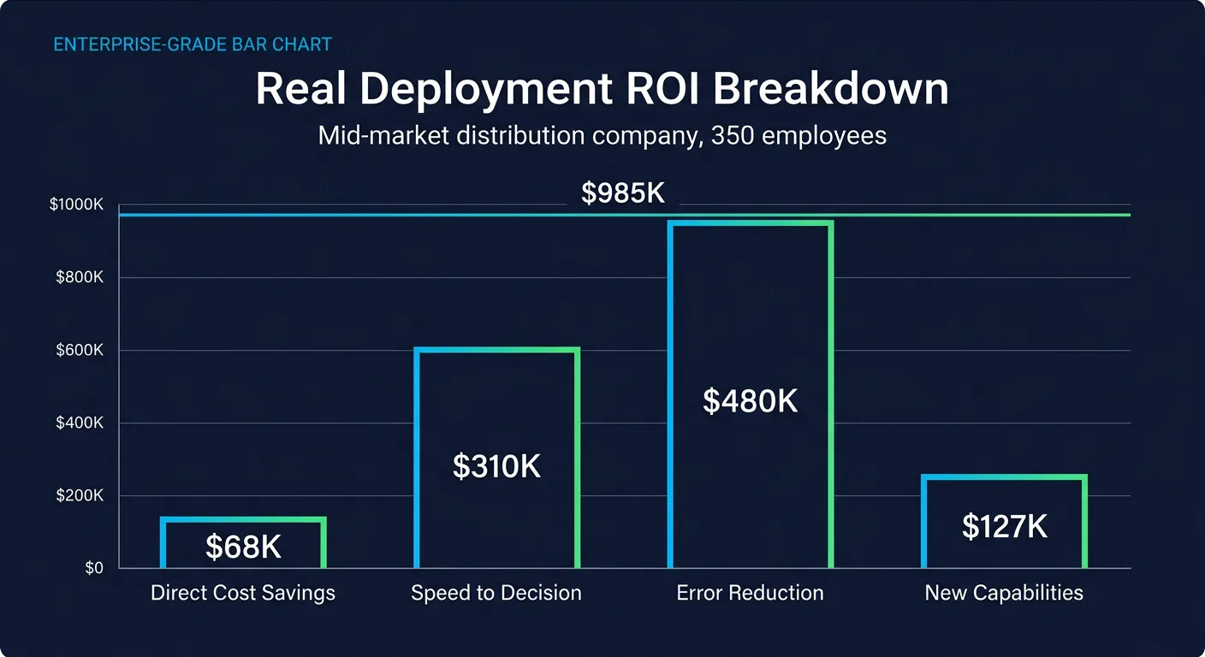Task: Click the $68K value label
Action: (243, 547)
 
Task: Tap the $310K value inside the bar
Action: (496, 466)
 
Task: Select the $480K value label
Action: (750, 400)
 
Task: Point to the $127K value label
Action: (1004, 527)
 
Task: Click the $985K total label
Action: (623, 193)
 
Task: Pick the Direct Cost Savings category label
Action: (243, 593)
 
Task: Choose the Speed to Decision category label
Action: (496, 593)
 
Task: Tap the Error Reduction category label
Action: (750, 593)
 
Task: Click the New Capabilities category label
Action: (1004, 593)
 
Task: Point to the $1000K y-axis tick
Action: (76, 204)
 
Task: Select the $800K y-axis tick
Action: (80, 277)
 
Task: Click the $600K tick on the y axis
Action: (80, 350)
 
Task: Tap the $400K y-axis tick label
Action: (80, 423)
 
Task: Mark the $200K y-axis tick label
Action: (80, 495)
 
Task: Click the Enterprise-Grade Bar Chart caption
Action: (193, 44)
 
